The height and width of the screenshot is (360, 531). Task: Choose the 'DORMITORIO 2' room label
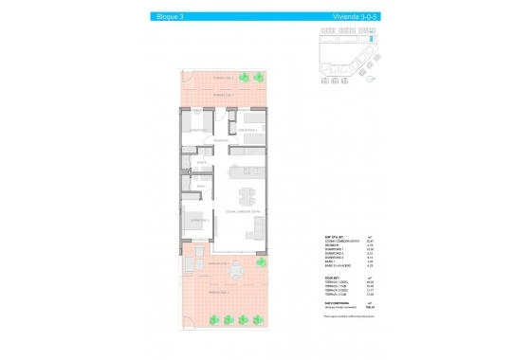198,130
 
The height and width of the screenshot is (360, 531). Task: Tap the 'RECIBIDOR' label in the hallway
221,142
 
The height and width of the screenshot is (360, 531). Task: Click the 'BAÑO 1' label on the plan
201,163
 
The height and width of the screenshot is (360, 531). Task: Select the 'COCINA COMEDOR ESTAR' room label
242,212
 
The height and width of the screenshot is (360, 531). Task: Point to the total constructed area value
371,305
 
